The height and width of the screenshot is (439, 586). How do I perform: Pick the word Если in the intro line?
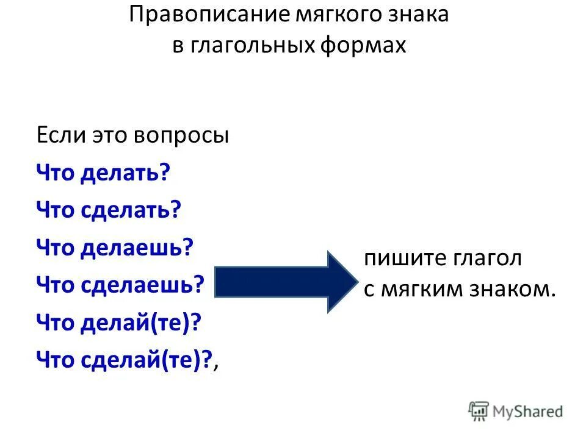pos(56,135)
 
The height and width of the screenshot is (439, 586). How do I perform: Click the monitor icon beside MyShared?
pos(479,411)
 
